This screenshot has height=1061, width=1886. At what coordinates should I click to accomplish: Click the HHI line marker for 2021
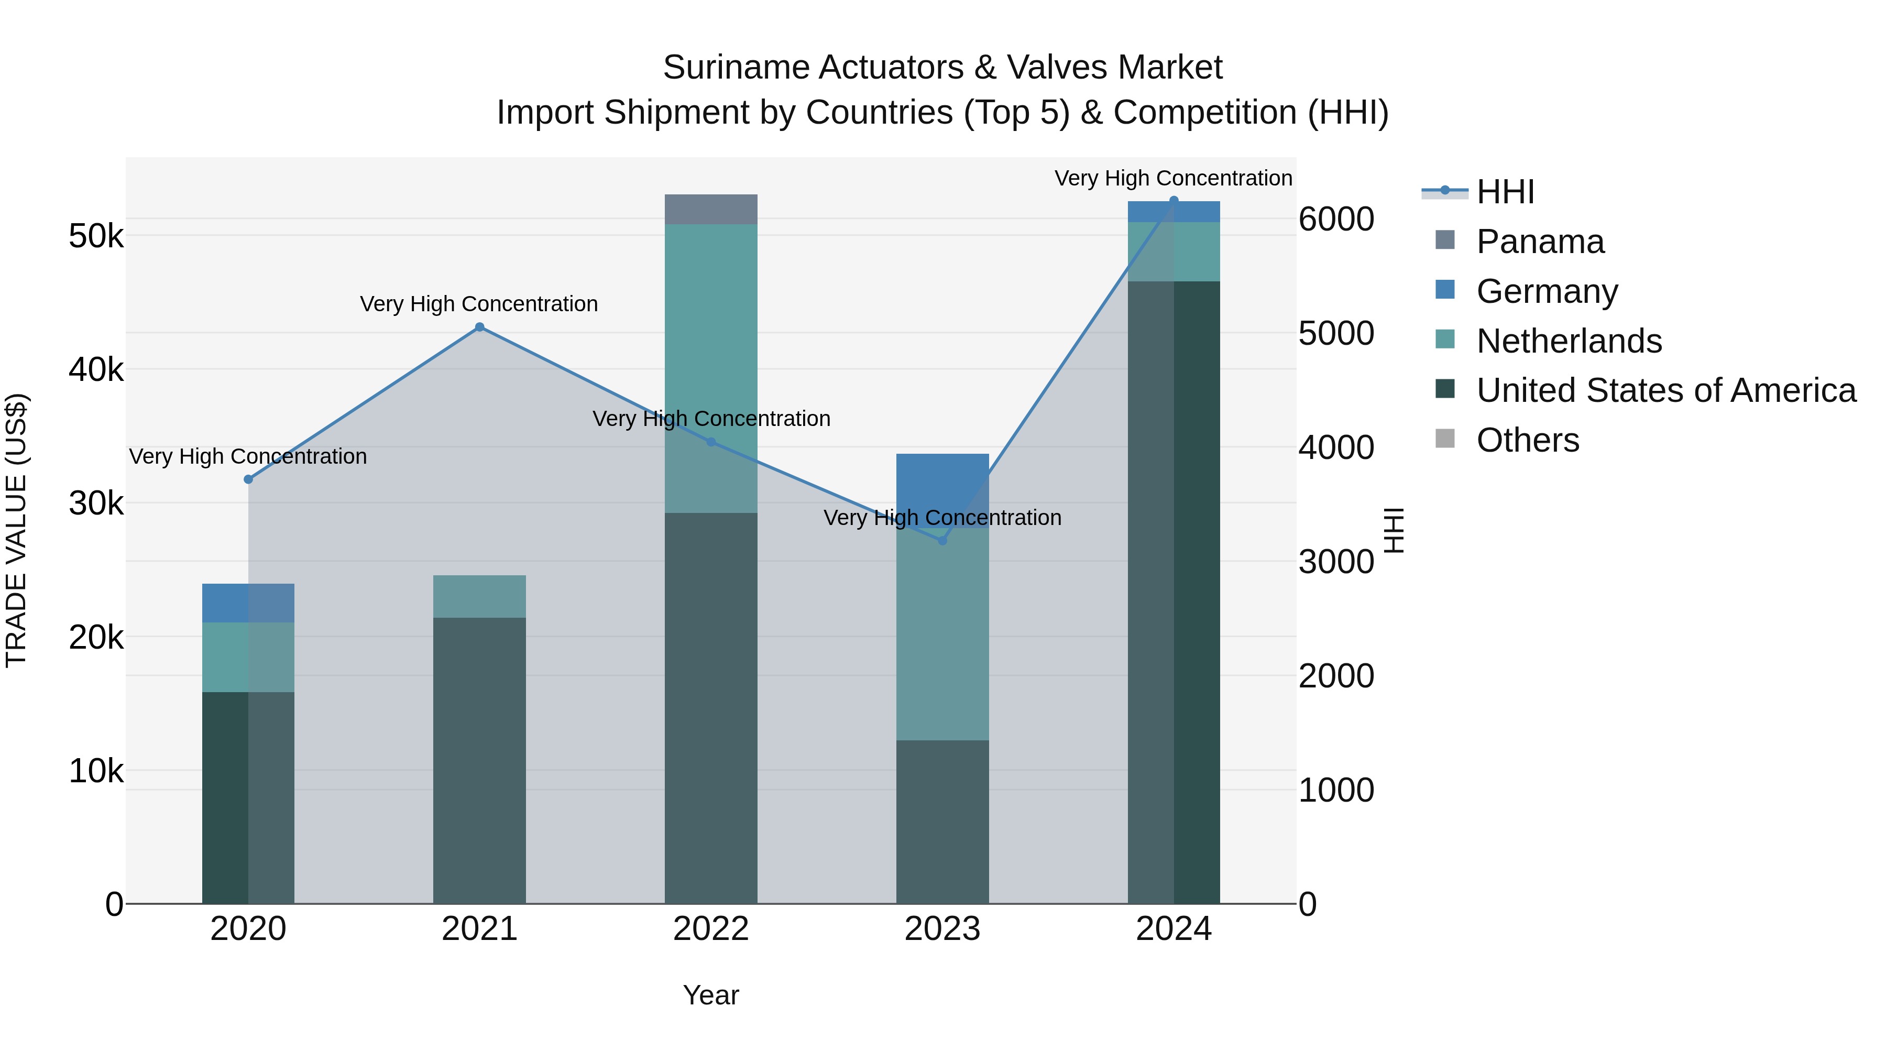tap(479, 327)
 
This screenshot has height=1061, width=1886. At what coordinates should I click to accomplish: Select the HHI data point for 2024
tap(1174, 201)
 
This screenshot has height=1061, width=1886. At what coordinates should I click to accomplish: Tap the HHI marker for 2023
tap(942, 540)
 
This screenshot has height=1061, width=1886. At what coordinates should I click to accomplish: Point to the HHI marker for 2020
tap(248, 479)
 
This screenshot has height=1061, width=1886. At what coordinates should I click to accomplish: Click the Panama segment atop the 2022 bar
tap(711, 210)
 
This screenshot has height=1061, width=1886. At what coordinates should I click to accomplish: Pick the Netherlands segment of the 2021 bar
tap(479, 596)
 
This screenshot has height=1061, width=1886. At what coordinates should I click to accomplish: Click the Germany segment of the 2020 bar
tap(248, 603)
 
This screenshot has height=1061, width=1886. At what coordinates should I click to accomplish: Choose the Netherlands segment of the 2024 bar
tap(1174, 251)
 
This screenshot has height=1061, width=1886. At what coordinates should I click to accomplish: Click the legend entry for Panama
tap(1540, 242)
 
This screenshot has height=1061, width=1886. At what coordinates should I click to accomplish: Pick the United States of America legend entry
tap(1665, 390)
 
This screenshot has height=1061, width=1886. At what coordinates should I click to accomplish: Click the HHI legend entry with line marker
tap(1505, 192)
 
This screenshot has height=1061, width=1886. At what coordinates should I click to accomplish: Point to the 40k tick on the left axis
tap(96, 370)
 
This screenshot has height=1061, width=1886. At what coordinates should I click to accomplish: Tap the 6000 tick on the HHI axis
tap(1336, 219)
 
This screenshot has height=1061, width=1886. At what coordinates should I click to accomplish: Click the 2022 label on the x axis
tap(711, 929)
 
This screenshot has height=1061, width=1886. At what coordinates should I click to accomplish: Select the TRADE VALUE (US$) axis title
tap(16, 530)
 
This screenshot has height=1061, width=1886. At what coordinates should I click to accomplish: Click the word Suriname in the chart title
tap(736, 68)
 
